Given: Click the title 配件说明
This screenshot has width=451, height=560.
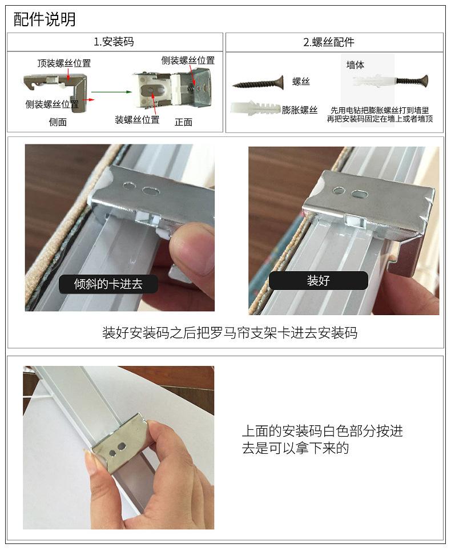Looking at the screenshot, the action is click(45, 19).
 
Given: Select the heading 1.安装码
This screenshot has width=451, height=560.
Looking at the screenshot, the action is click(114, 42).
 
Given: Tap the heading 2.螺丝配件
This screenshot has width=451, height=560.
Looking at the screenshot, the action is click(328, 42).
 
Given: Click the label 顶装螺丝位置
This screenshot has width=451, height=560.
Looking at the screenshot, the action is click(65, 63).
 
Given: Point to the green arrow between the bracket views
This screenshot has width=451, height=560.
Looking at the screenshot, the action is click(112, 92).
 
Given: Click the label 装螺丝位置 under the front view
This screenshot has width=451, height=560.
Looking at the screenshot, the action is click(137, 120).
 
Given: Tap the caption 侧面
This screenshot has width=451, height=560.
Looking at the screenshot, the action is click(58, 122).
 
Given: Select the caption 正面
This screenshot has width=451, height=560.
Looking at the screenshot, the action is click(184, 122).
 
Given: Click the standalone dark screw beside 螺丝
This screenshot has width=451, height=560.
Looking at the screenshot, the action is click(258, 83).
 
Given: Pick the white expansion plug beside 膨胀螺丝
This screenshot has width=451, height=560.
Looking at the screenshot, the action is click(256, 107).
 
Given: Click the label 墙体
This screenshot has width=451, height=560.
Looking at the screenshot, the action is click(355, 65).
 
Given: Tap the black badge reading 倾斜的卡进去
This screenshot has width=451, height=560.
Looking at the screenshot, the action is click(108, 284).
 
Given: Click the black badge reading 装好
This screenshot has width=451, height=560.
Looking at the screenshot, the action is click(318, 280).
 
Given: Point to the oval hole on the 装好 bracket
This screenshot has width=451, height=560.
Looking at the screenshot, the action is click(359, 194).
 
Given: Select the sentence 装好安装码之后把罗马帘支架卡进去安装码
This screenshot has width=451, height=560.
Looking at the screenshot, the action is click(229, 333).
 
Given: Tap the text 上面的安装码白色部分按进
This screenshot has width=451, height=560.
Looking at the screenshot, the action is click(323, 431).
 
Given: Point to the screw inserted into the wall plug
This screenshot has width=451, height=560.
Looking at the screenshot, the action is click(410, 80).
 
